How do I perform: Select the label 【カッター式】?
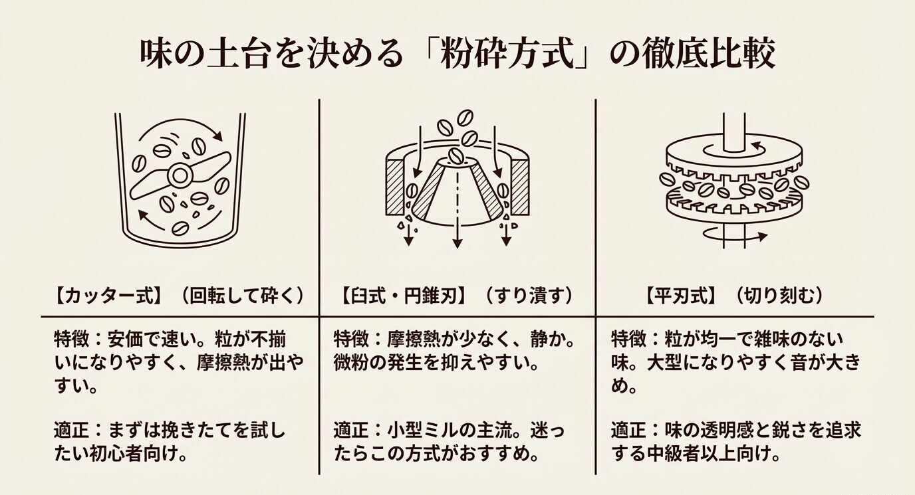106,295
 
